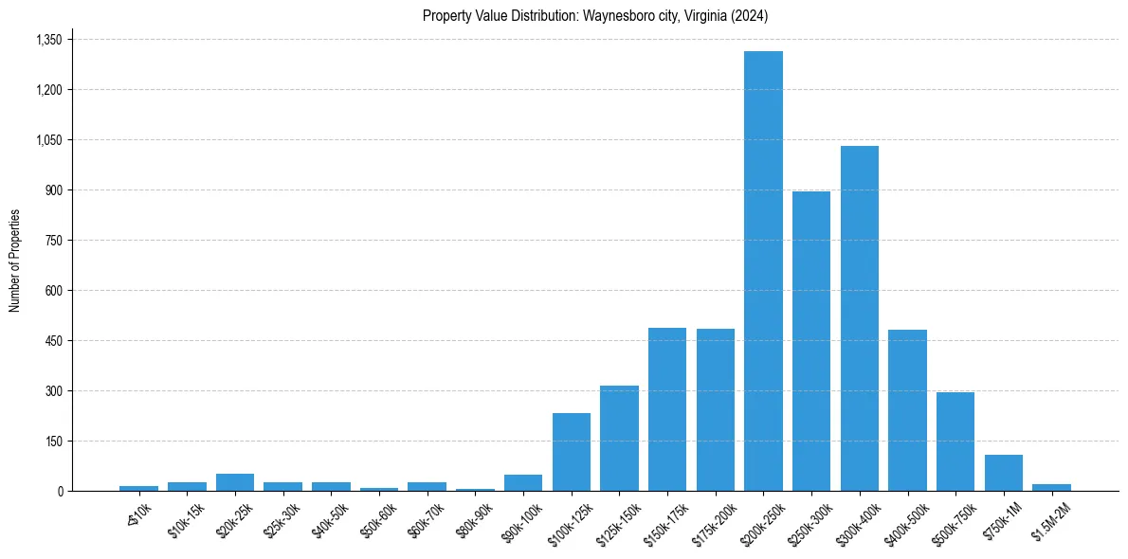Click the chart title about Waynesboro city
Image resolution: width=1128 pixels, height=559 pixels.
coord(595,16)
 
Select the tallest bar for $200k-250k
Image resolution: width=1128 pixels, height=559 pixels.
coord(763,271)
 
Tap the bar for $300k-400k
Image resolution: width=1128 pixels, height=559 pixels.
coord(860,318)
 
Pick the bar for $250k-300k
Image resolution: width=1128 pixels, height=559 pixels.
coord(811,341)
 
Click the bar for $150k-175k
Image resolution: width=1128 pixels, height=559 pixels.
coord(667,409)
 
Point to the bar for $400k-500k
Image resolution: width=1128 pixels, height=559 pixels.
coord(907,410)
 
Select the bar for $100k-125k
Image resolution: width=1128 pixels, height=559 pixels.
coord(572,452)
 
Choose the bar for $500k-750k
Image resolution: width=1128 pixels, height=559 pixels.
coord(955,442)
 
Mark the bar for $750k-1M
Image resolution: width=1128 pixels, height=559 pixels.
coord(1004,473)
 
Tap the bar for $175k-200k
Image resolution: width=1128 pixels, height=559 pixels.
coord(716,410)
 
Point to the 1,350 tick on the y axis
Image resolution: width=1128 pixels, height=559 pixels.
coord(48,40)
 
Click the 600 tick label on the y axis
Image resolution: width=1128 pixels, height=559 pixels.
coord(53,291)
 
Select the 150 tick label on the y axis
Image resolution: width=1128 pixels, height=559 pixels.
coord(53,442)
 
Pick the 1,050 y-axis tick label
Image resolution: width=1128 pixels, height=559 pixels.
coord(48,140)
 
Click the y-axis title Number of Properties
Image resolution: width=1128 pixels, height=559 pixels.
coord(15,261)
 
